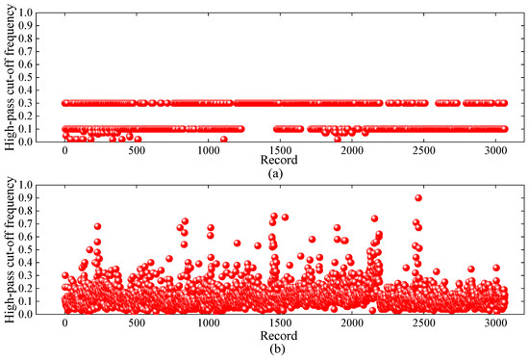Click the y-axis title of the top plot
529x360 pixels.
click(x=10, y=77)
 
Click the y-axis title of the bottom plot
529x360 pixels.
click(x=10, y=249)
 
